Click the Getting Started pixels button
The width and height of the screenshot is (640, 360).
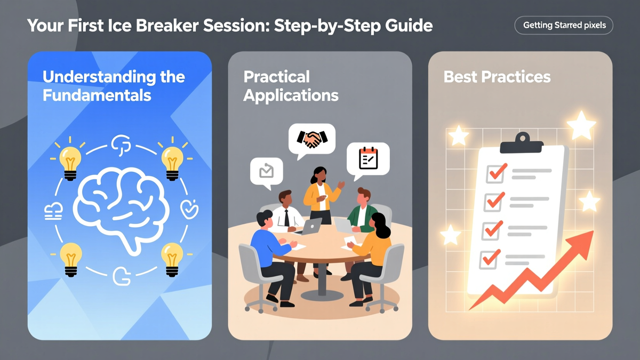point(564,25)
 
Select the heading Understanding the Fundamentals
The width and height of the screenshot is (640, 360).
point(114,86)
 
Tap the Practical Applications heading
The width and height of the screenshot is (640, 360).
point(291,86)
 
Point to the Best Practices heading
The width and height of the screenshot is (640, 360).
point(497,77)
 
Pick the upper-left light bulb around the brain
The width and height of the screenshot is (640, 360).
point(69,161)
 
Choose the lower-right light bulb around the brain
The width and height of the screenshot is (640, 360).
point(172,258)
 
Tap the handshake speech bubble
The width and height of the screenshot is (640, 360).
point(312,139)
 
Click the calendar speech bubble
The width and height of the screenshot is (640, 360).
point(368,158)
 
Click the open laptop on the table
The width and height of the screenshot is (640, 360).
point(311,226)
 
